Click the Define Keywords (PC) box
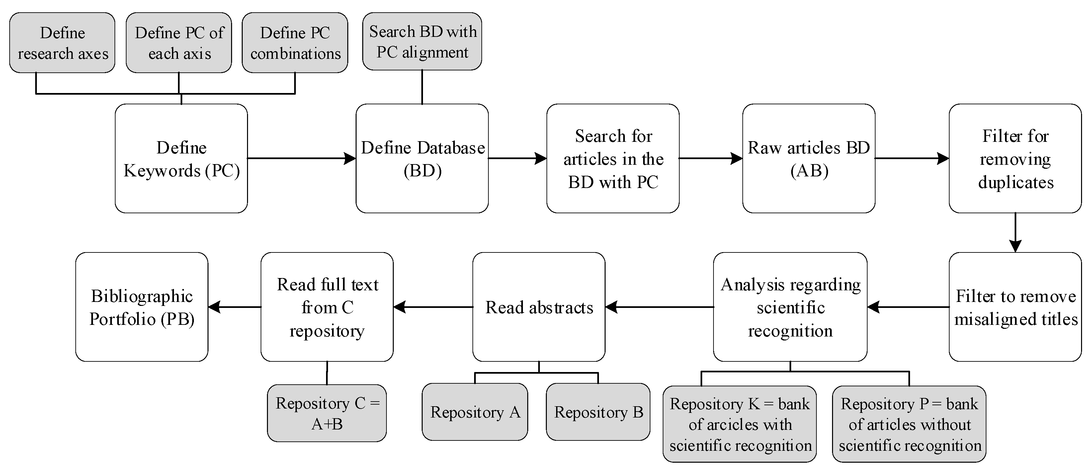coord(181,158)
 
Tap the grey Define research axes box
coord(62,43)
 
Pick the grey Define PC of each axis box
coord(179,43)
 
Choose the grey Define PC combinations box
coord(295,43)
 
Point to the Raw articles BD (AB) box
coord(808,158)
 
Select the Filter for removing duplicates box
coord(1015,158)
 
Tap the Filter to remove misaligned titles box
coord(1015,307)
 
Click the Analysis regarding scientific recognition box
coord(790,307)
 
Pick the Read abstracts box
coord(539,307)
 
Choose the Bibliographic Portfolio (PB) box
coord(141,307)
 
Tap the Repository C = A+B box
coord(327,413)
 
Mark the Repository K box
coord(739,424)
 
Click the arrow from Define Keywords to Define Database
coord(301,158)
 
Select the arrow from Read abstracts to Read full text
coord(432,307)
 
